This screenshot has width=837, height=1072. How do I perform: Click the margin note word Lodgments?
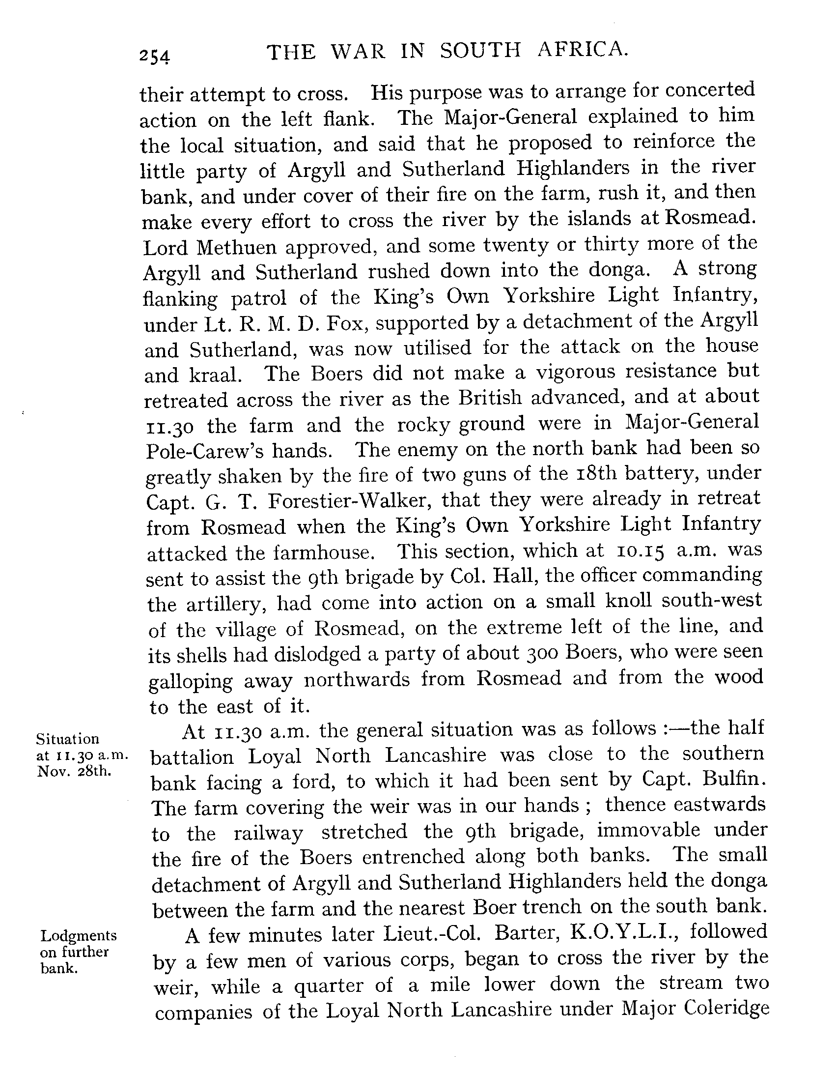coord(79,935)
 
